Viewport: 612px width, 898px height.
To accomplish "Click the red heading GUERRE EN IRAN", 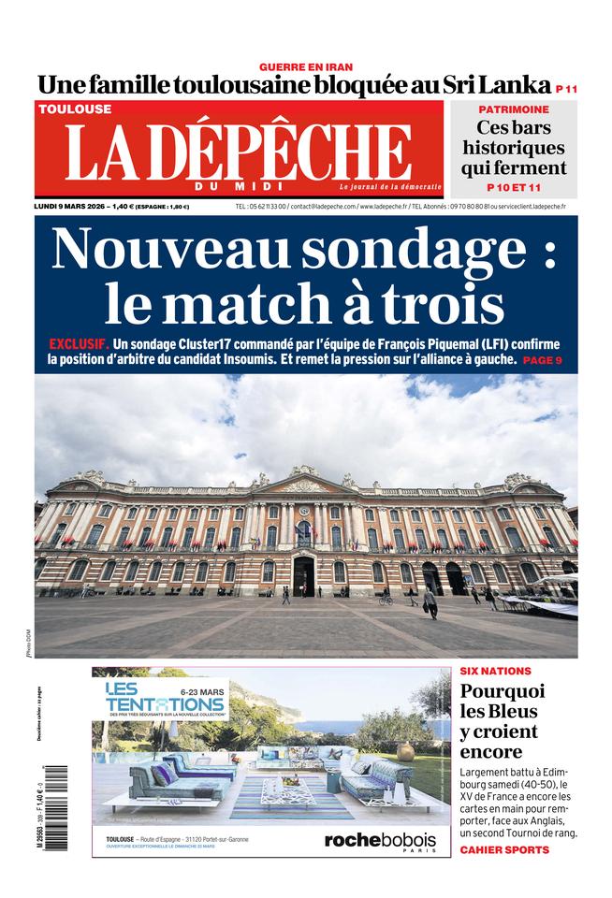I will coord(305,66).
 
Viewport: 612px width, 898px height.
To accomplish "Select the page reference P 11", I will coord(565,89).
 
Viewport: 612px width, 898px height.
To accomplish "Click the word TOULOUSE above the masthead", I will coord(74,109).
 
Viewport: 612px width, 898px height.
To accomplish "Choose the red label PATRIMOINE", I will coord(513,109).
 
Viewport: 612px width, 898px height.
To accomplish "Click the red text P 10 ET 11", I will coord(514,188).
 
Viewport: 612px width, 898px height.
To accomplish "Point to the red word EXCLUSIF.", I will coord(79,343).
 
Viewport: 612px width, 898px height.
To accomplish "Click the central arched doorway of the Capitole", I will coord(303,574).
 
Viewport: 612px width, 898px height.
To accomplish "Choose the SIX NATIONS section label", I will coord(495,671).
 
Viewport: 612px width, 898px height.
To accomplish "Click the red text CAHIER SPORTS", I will coord(504,849).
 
